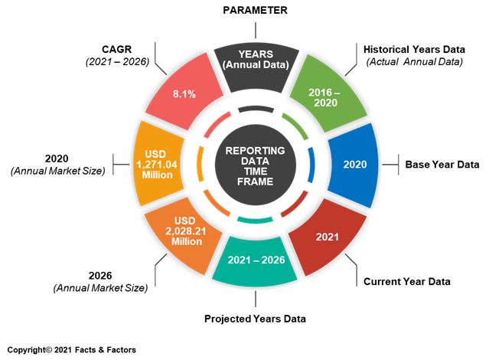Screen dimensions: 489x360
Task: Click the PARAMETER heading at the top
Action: click(x=255, y=10)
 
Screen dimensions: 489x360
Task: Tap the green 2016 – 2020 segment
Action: click(x=328, y=93)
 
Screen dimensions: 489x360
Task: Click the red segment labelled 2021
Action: click(x=328, y=237)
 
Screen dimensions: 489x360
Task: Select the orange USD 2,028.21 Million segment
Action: click(x=184, y=235)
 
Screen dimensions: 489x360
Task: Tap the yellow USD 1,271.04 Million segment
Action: click(x=158, y=164)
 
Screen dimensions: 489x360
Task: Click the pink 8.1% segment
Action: click(x=184, y=93)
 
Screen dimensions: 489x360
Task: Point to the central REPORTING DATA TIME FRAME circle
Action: click(x=256, y=165)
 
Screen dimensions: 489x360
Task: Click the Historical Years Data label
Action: click(x=414, y=49)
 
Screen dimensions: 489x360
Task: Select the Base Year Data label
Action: click(x=442, y=165)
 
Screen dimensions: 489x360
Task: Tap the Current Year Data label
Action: click(x=407, y=282)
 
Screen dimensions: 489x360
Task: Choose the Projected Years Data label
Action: click(x=255, y=319)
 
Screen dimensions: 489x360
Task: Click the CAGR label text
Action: click(x=117, y=49)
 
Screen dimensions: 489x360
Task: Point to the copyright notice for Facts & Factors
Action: click(x=72, y=350)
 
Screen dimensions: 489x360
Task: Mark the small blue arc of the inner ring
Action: click(x=311, y=165)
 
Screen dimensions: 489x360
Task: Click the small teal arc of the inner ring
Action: click(x=255, y=220)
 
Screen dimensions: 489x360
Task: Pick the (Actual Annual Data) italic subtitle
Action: click(x=415, y=62)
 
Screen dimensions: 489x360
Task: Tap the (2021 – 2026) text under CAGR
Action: click(x=117, y=62)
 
